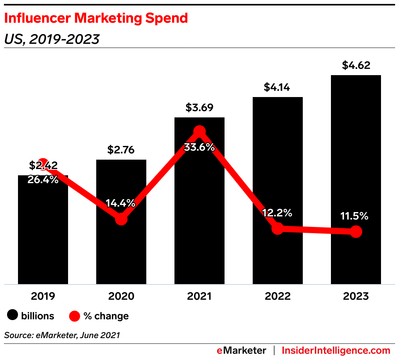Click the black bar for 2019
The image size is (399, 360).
[x=43, y=235]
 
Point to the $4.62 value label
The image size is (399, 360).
[x=356, y=65]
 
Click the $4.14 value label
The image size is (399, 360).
[x=277, y=87]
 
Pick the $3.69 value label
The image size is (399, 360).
[x=199, y=108]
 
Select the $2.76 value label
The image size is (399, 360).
[x=121, y=150]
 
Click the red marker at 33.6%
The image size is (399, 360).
[x=199, y=131]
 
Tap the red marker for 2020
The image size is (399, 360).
[x=121, y=219]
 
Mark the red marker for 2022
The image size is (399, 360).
[x=277, y=229]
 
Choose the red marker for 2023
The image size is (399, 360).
[x=356, y=232]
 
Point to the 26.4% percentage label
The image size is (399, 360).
[x=43, y=180]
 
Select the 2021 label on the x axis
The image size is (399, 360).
[x=199, y=296]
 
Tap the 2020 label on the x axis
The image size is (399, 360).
[x=121, y=296]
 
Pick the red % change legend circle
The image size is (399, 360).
[x=75, y=316]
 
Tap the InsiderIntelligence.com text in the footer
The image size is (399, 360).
[x=336, y=350]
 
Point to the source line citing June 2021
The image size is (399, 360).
[x=62, y=335]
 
